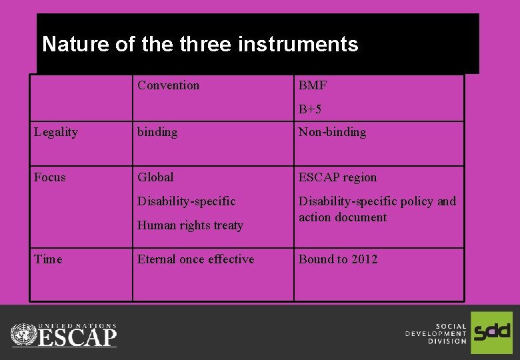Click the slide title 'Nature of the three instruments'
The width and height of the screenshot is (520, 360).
pos(200,45)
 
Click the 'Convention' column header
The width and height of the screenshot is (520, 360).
pos(168,85)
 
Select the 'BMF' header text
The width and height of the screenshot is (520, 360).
pos(313,85)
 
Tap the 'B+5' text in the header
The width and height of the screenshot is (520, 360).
pos(310,109)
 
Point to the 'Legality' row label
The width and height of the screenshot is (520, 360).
pos(56,132)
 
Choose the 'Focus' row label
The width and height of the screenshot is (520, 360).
pos(50,177)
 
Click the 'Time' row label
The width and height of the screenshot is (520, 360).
pos(48,259)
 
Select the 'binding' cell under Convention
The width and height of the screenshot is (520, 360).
pos(157,132)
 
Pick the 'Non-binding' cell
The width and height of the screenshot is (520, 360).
pos(332,132)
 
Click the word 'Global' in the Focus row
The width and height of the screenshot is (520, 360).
pos(155,177)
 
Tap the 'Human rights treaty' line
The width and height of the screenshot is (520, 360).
pos(190,225)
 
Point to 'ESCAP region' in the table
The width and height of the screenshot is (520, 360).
pos(337,177)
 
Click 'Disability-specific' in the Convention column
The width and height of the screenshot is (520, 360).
pos(186,201)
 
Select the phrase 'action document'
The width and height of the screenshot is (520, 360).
pos(342,217)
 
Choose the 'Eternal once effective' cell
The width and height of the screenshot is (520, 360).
pos(195,259)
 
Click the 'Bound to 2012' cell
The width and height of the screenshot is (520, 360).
pos(338,259)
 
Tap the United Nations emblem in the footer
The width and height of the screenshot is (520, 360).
pos(24,334)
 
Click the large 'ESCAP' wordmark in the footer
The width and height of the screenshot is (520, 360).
pos(77,336)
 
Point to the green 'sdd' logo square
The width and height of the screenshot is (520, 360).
pos(491,332)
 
